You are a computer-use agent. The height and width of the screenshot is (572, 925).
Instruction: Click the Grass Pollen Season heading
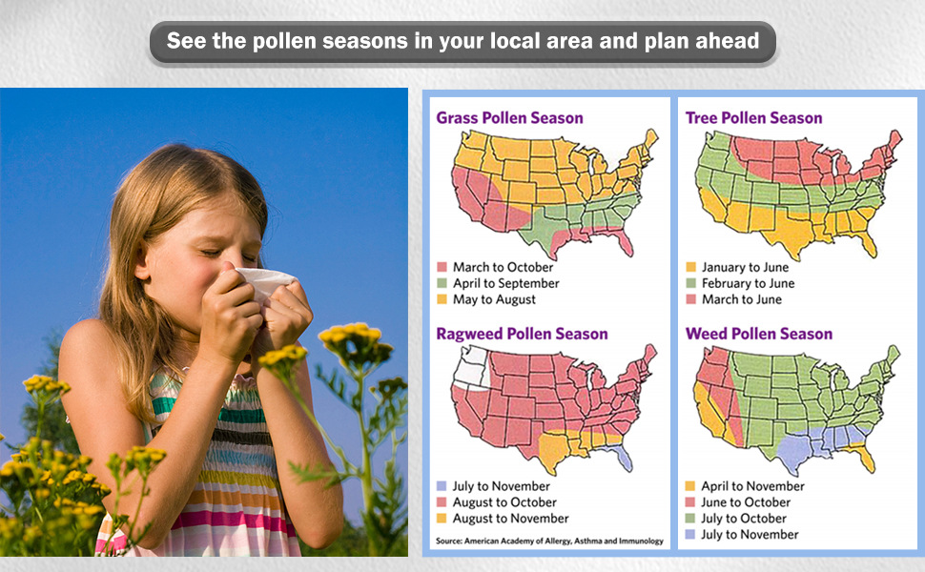(x=509, y=118)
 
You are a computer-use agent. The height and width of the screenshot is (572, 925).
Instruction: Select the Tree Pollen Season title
(x=754, y=118)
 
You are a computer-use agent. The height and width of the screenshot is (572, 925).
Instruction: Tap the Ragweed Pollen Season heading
(x=522, y=334)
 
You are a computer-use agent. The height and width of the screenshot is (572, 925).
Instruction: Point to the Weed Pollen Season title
(x=759, y=334)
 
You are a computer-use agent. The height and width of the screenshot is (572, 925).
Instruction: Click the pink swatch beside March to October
(x=442, y=267)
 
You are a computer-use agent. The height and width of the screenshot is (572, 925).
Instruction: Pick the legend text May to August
(x=494, y=299)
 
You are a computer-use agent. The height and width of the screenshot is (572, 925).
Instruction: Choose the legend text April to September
(x=506, y=283)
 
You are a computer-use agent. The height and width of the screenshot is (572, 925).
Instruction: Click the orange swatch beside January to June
(x=690, y=267)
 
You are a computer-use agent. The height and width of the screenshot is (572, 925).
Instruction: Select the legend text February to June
(x=748, y=283)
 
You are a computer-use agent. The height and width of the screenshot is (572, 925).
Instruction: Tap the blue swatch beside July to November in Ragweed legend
(x=442, y=486)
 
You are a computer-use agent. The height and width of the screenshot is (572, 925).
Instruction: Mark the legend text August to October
(x=504, y=502)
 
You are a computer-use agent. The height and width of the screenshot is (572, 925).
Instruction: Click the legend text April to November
(x=752, y=486)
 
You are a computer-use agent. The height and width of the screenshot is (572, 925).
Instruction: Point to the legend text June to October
(x=746, y=502)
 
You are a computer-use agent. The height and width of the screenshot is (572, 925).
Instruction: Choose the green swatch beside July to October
(x=690, y=519)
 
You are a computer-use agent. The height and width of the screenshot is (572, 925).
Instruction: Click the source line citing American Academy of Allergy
(x=549, y=541)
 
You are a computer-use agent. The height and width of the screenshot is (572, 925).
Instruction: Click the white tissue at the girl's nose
(x=265, y=282)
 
